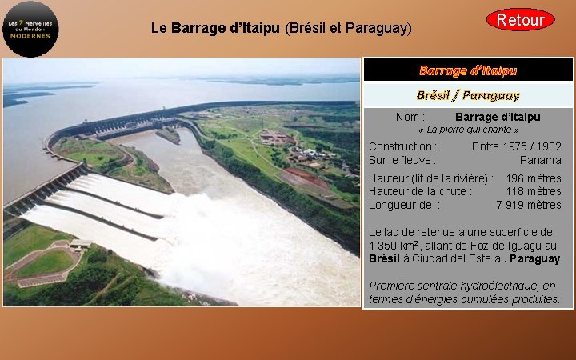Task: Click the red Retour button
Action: pos(520,20)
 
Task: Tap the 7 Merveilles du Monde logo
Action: pos(31,29)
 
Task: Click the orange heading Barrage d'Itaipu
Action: pos(468,70)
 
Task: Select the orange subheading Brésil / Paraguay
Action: pos(468,95)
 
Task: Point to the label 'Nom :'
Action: pos(410,117)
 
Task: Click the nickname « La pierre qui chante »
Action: pos(469,130)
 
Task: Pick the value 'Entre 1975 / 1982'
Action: pos(516,146)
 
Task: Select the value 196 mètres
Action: pos(533,178)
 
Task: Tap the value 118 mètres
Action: pos(533,191)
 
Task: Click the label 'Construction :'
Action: pos(402,146)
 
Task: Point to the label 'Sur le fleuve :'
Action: pos(402,160)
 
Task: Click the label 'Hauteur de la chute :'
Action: pos(420,191)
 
